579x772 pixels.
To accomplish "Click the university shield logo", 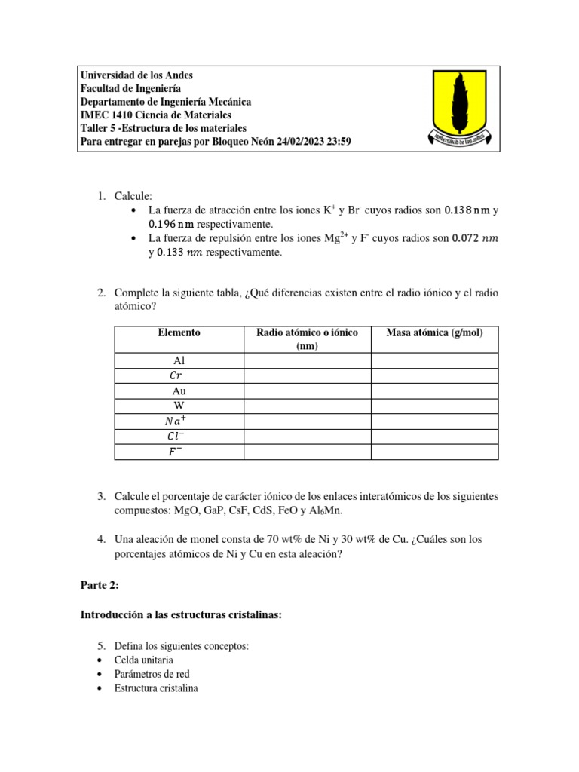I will (462, 108).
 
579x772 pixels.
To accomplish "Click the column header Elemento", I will (179, 332).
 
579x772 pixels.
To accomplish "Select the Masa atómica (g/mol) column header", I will (434, 332).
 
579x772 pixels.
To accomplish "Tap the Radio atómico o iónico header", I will (307, 339).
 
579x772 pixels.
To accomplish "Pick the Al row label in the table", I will (179, 361).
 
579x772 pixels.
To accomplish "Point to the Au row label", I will (179, 391).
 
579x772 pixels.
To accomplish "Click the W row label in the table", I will (179, 406).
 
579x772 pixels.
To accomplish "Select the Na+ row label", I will (179, 421).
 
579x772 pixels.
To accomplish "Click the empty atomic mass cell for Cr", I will (434, 375).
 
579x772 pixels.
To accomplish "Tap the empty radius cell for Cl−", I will (307, 437).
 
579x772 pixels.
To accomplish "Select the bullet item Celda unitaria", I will (145, 660).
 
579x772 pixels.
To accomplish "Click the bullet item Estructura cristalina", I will (156, 688).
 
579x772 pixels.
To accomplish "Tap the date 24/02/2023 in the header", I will (297, 141).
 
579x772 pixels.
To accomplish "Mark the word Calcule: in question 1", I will (133, 195).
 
